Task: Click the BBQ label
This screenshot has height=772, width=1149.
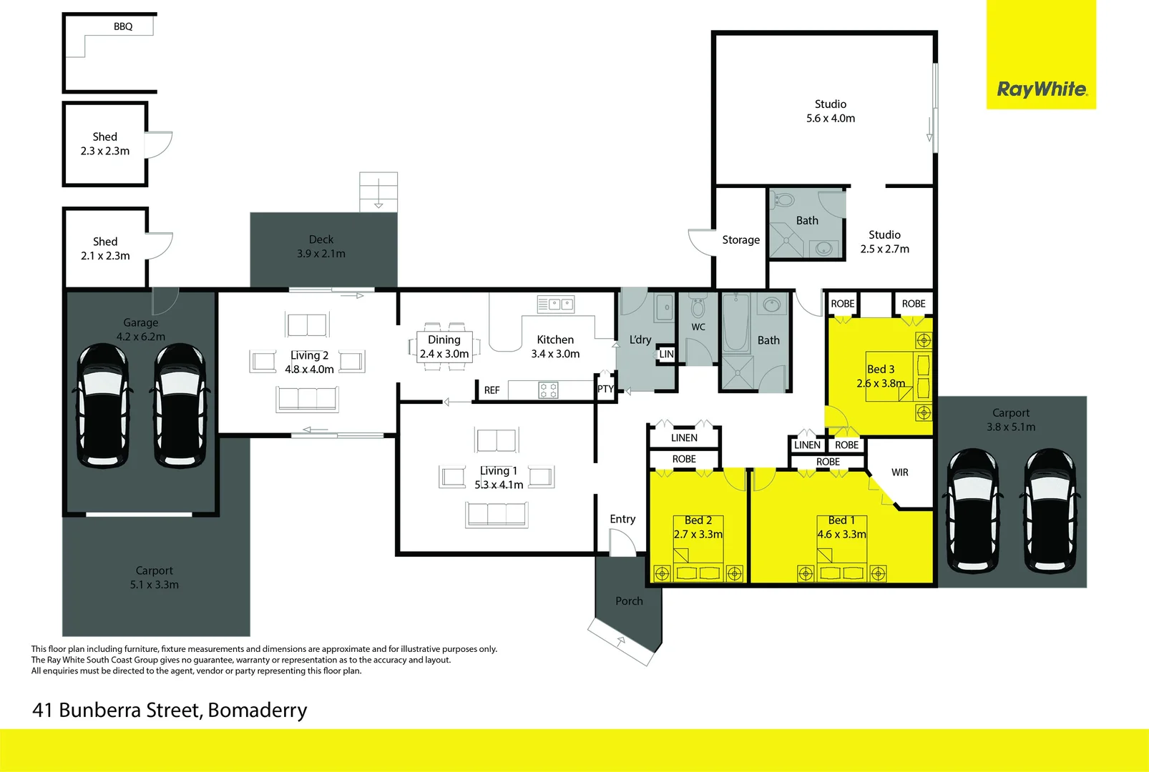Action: click(123, 26)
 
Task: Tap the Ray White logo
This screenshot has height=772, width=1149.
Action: click(1042, 89)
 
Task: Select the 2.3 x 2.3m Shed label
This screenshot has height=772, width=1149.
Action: click(105, 144)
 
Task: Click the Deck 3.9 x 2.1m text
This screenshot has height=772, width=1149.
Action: click(321, 247)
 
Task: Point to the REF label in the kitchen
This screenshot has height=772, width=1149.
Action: click(492, 390)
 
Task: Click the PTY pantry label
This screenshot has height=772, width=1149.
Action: click(605, 389)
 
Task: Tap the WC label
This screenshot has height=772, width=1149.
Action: click(698, 327)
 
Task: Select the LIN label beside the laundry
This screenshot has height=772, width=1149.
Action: click(666, 354)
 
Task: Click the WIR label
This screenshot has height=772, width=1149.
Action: click(900, 472)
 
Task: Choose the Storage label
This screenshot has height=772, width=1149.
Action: click(740, 240)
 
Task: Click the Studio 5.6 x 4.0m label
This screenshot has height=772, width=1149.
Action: click(831, 112)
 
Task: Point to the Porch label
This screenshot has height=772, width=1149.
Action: click(629, 601)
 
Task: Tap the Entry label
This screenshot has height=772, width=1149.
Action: click(622, 519)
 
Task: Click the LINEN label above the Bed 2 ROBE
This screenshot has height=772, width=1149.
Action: click(684, 437)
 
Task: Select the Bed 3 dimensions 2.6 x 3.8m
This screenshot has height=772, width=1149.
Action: click(881, 383)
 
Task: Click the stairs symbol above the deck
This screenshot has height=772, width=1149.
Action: click(378, 192)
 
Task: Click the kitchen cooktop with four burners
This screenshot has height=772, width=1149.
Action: click(548, 390)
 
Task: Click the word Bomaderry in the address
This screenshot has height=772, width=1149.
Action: click(258, 711)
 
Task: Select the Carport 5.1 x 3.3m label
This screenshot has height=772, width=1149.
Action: click(155, 578)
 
